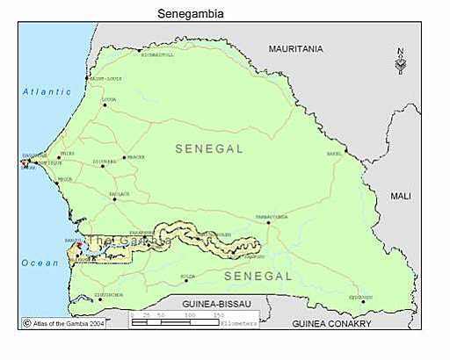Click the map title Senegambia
click(x=190, y=13)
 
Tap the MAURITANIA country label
click(x=295, y=48)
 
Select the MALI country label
click(x=400, y=196)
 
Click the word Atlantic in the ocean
click(x=47, y=91)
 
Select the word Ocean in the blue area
click(x=40, y=262)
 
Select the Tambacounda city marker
click(x=268, y=222)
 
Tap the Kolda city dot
click(x=185, y=280)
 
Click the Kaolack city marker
click(x=113, y=199)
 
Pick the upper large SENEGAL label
click(x=208, y=149)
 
